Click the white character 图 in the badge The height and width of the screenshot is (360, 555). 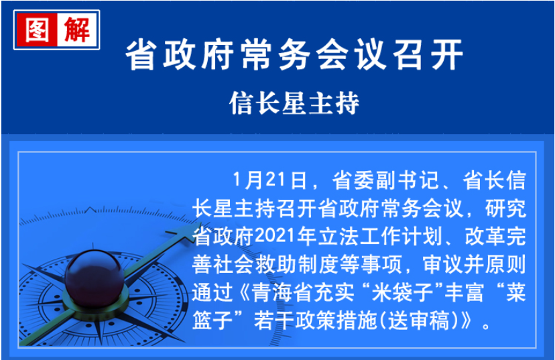click(x=37, y=30)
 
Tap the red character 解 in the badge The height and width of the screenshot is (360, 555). click(x=78, y=29)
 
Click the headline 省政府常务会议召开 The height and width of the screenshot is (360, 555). click(x=295, y=55)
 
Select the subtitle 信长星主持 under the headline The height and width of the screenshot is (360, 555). click(x=294, y=103)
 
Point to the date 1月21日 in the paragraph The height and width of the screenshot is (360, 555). click(x=269, y=180)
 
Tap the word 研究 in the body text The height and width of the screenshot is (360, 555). click(x=506, y=208)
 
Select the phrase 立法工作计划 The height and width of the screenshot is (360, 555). click(x=380, y=237)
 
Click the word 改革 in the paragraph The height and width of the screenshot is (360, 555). click(x=485, y=237)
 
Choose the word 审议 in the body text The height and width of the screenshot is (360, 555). click(x=443, y=264)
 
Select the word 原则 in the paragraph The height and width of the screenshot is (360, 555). click(x=506, y=264)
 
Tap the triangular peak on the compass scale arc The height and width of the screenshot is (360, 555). click(x=90, y=209)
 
